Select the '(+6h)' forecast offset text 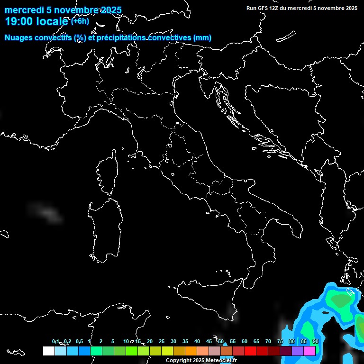80,21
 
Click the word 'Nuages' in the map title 18,38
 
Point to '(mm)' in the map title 202,38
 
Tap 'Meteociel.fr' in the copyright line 221,361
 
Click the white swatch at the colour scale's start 48,351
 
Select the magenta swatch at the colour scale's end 309,351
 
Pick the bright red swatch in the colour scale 250,351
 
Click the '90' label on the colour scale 316,341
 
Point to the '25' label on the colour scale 162,341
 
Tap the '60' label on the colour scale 245,341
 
